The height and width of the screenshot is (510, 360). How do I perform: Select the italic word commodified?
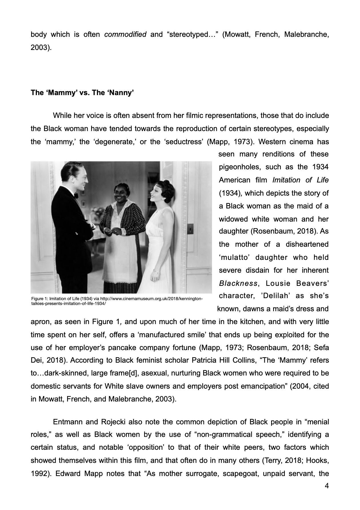(x=125, y=35)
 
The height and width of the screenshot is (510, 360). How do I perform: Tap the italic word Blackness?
(x=238, y=283)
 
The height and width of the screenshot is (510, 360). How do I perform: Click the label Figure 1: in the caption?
(x=39, y=299)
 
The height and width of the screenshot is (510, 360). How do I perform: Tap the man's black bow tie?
(x=76, y=196)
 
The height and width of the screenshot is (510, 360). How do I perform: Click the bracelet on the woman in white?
(x=156, y=271)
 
